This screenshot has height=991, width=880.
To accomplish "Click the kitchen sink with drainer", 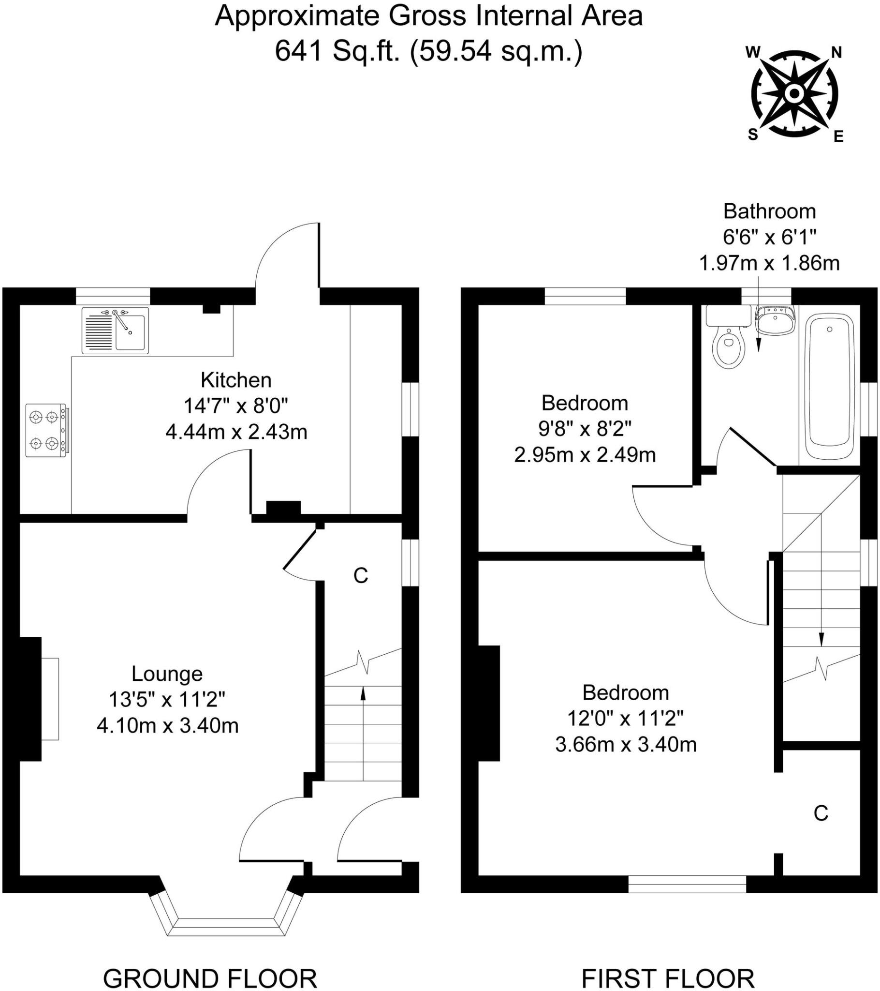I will [x=116, y=330].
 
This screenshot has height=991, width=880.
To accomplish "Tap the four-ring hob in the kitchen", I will [x=46, y=430].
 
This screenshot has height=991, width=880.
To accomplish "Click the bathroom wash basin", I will [x=776, y=320].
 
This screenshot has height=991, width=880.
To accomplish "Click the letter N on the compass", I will [x=836, y=52].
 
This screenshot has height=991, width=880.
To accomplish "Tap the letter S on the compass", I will [x=753, y=135].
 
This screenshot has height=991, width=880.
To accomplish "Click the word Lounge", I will [x=167, y=674].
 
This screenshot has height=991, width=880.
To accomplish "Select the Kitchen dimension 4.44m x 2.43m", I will [x=236, y=432].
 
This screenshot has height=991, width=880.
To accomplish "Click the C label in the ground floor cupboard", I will [x=361, y=575].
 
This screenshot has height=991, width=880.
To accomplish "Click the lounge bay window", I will [x=226, y=922].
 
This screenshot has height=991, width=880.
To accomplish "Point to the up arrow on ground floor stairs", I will [x=363, y=694].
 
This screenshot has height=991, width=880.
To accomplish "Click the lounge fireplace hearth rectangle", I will [x=50, y=699].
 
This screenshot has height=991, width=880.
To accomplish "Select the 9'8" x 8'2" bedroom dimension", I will [x=585, y=429].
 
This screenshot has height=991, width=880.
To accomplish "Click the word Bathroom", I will [x=769, y=211].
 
